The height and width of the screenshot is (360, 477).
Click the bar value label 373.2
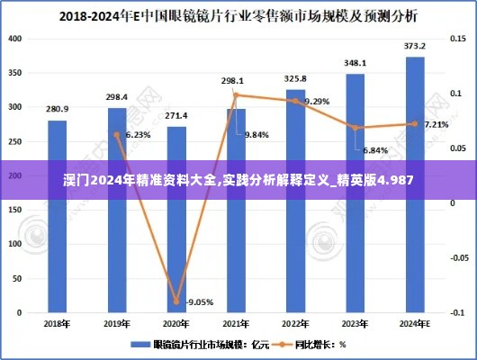[x=415, y=46]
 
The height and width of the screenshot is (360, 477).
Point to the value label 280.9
[x=57, y=110]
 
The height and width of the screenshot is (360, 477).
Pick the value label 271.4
[x=176, y=115]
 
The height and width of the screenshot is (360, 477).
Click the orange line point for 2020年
[x=176, y=302]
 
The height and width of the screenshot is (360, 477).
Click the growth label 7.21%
[x=436, y=124]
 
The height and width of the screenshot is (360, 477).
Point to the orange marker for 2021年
[x=236, y=94]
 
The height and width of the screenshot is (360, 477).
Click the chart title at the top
[x=238, y=15]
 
